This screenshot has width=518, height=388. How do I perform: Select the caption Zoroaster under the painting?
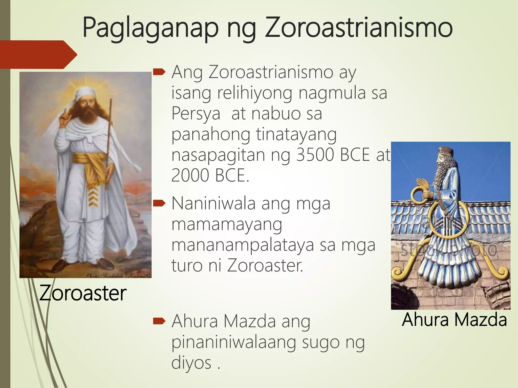tap(83, 293)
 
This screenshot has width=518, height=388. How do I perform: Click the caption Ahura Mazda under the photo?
tap(454, 320)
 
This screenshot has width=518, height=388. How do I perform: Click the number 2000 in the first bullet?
tap(190, 175)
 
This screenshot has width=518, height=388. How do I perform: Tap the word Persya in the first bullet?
tap(196, 114)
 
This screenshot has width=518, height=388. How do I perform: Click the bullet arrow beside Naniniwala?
tap(159, 203)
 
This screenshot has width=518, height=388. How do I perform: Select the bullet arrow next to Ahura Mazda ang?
tap(159, 321)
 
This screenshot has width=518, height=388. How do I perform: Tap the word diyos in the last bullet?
tap(191, 363)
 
